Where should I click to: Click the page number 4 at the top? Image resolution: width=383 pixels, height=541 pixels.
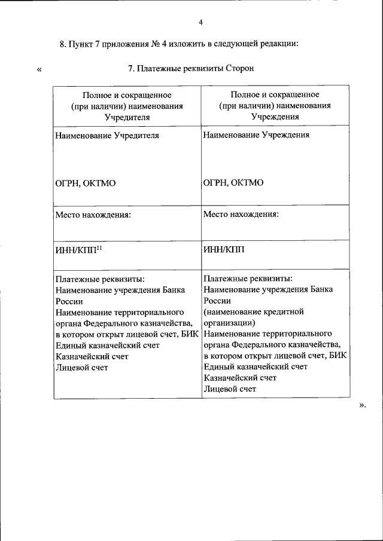(201, 22)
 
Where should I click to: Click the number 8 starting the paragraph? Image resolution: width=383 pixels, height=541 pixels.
(63, 44)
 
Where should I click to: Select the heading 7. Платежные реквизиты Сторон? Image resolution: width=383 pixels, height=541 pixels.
(191, 69)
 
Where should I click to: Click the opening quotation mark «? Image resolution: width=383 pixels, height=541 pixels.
(39, 69)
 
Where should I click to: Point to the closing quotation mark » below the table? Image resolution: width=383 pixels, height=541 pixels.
(361, 405)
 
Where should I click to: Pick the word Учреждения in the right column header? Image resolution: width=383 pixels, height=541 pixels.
(274, 116)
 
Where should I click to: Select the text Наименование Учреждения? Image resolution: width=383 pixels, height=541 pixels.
(256, 135)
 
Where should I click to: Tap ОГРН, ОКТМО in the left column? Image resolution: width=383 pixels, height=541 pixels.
(86, 183)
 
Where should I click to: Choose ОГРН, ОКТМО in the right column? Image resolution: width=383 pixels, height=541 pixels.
(233, 183)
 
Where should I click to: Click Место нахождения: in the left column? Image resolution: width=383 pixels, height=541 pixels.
(93, 213)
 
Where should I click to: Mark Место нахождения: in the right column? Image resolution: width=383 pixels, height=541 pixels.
(241, 213)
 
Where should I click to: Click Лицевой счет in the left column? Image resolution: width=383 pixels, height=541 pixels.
(81, 367)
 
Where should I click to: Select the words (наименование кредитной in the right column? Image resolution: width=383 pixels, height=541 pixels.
(254, 311)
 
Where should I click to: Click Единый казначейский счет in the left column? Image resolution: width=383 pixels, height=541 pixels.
(107, 346)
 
